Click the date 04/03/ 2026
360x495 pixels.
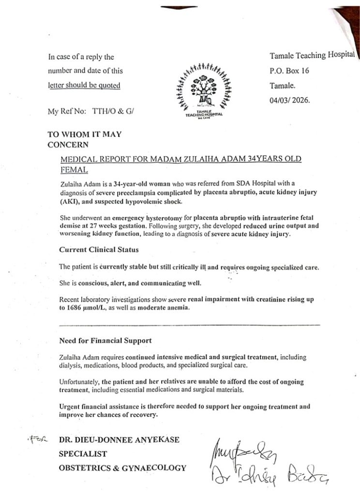(x=289, y=102)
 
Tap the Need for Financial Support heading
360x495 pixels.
(x=105, y=340)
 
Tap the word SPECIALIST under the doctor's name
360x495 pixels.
(x=83, y=454)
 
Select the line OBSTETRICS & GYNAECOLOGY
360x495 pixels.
(x=122, y=467)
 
